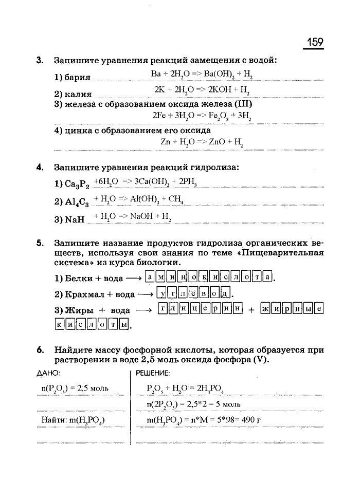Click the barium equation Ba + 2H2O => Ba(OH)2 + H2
[x=202, y=75]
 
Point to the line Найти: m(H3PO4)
[x=73, y=421]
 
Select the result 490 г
[x=249, y=421]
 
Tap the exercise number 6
[x=39, y=350]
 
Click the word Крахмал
[x=83, y=295]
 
